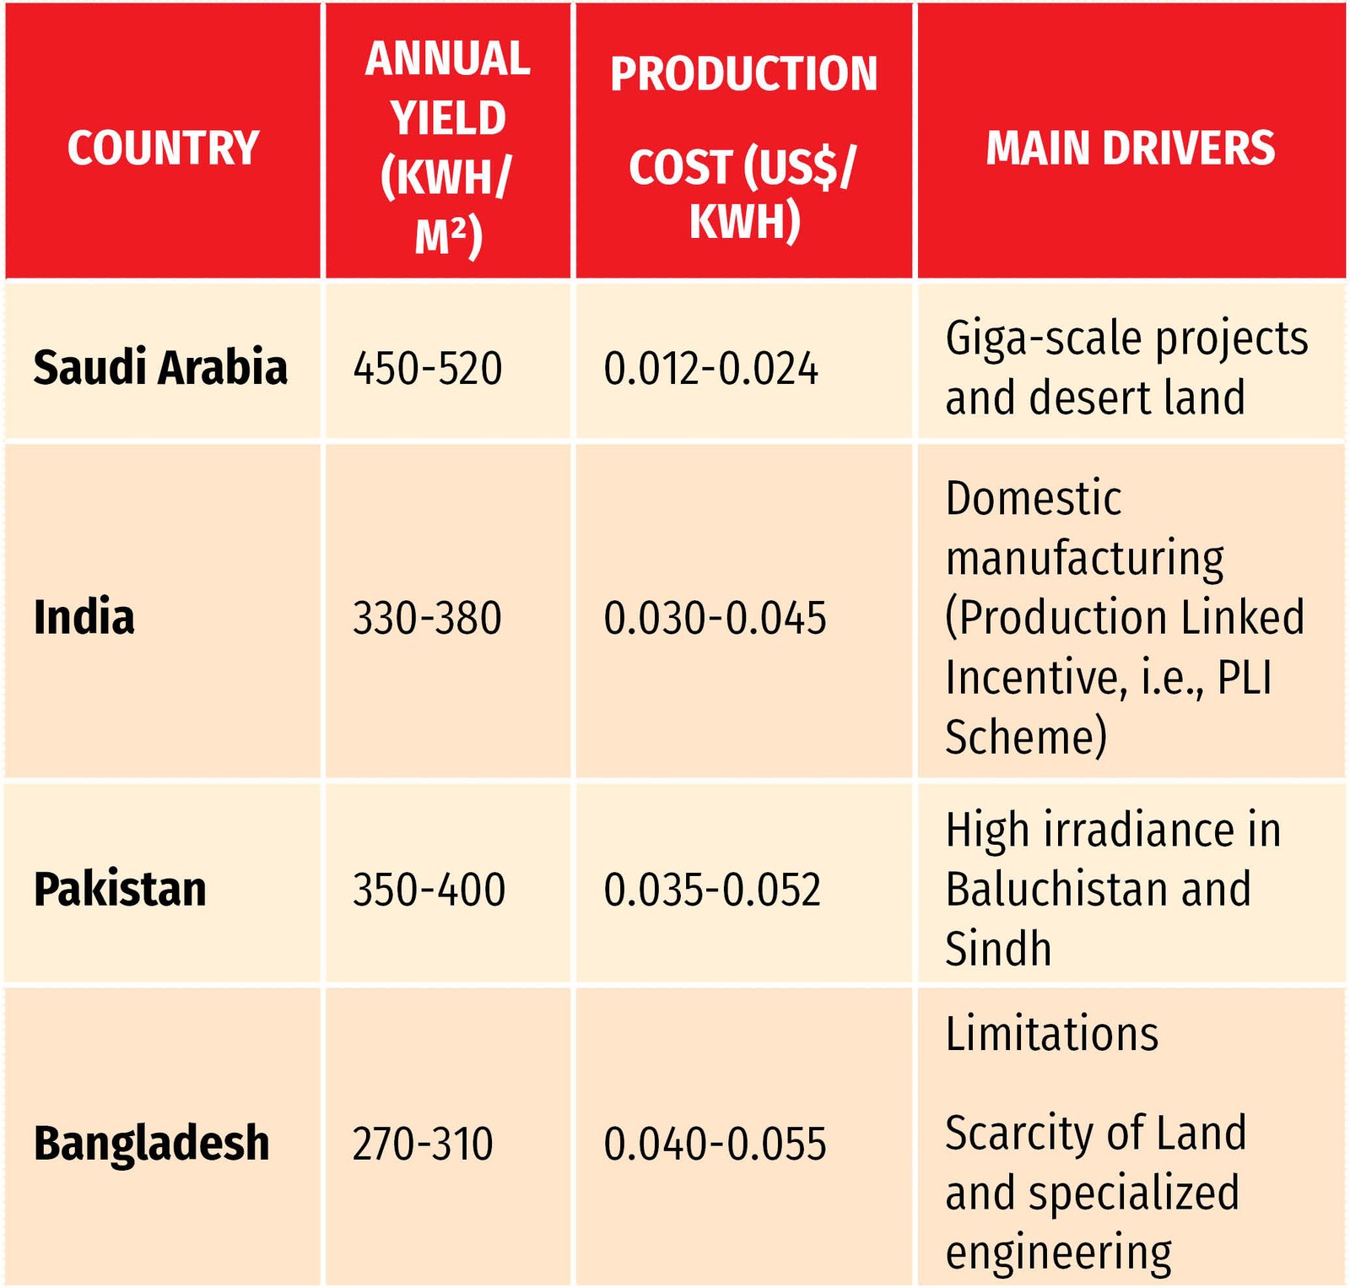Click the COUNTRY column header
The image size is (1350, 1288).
click(163, 148)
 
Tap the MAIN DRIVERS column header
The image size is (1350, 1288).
click(1130, 148)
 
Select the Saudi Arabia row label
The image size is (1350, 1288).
click(160, 367)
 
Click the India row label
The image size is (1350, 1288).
click(84, 617)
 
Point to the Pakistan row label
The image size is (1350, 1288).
click(120, 889)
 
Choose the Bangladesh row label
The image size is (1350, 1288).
click(152, 1144)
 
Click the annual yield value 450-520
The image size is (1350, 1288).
click(428, 369)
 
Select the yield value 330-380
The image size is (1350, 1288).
click(427, 618)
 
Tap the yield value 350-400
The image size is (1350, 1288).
click(429, 890)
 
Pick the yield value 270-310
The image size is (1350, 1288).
click(423, 1145)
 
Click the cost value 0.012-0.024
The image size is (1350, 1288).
click(710, 369)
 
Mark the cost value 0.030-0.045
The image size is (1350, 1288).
click(715, 618)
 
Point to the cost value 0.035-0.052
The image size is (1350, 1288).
click(712, 890)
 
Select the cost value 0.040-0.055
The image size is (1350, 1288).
click(715, 1145)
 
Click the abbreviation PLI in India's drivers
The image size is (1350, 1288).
click(1245, 677)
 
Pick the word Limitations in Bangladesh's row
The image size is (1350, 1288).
click(1052, 1033)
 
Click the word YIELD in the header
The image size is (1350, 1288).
click(448, 118)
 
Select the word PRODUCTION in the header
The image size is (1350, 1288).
click(743, 74)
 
